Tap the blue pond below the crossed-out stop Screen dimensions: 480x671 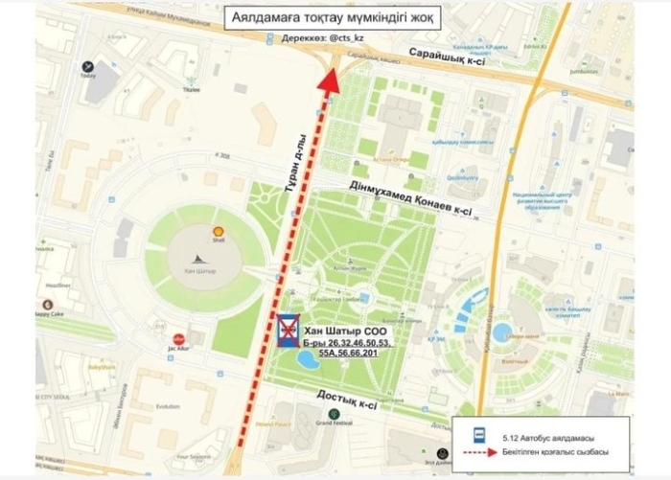pyautogui.click(x=309, y=361)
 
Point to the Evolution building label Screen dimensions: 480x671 pyautogui.click(x=168, y=406)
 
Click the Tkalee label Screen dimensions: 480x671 pyautogui.click(x=192, y=89)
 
